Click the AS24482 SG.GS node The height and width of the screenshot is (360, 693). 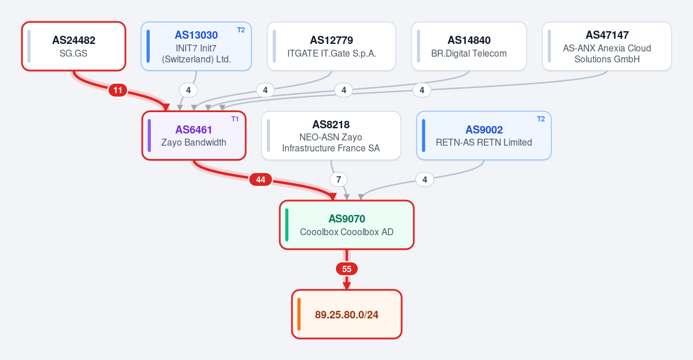pyautogui.click(x=74, y=46)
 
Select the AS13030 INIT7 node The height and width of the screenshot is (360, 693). pyautogui.click(x=197, y=46)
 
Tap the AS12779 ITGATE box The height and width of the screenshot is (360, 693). pyautogui.click(x=332, y=46)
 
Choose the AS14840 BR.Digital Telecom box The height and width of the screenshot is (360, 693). pyautogui.click(x=469, y=46)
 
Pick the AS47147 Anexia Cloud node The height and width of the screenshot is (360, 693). pyautogui.click(x=607, y=46)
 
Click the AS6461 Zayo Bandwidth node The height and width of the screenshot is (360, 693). pyautogui.click(x=194, y=135)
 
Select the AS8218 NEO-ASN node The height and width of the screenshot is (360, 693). pyautogui.click(x=331, y=135)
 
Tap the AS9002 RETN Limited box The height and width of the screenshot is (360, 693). pyautogui.click(x=484, y=135)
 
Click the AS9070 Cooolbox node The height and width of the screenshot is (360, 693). pyautogui.click(x=347, y=225)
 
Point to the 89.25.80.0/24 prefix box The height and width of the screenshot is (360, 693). pyautogui.click(x=347, y=314)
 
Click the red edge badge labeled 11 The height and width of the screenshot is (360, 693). pyautogui.click(x=117, y=91)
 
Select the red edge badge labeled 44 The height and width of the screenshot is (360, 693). pyautogui.click(x=260, y=180)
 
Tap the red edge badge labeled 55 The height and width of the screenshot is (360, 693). pyautogui.click(x=347, y=269)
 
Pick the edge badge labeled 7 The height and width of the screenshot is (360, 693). pyautogui.click(x=339, y=180)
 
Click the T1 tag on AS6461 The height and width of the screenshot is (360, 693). pyautogui.click(x=235, y=119)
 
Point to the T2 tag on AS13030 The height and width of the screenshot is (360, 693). pyautogui.click(x=241, y=30)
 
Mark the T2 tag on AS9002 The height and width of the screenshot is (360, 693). pyautogui.click(x=541, y=119)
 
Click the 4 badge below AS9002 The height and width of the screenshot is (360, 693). pyautogui.click(x=425, y=180)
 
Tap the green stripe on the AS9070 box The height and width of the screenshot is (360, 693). pyautogui.click(x=287, y=225)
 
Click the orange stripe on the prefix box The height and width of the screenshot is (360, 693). pyautogui.click(x=299, y=314)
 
